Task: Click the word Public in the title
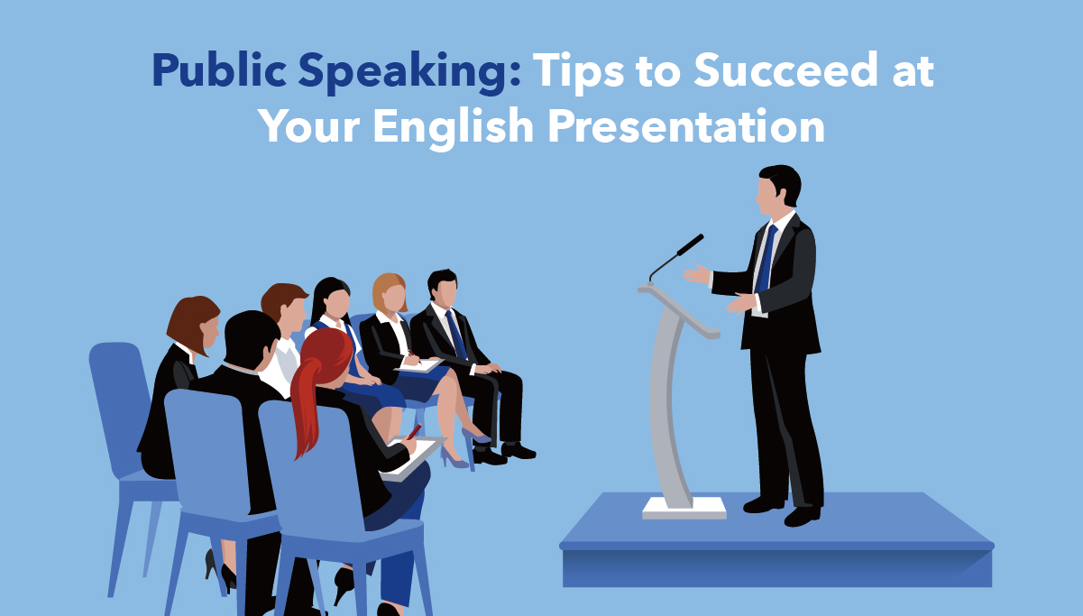point(219,70)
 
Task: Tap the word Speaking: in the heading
point(409,71)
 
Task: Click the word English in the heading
point(453,126)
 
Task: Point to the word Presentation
point(686,125)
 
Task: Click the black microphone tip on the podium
point(691,244)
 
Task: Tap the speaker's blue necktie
point(766,259)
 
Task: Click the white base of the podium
point(684,508)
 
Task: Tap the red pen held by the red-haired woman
point(414,432)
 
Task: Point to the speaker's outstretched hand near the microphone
point(697,274)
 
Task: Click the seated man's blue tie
point(455,335)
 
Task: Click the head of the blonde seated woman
point(390,292)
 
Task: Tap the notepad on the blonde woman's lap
point(419,365)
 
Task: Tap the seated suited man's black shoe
point(518,451)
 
